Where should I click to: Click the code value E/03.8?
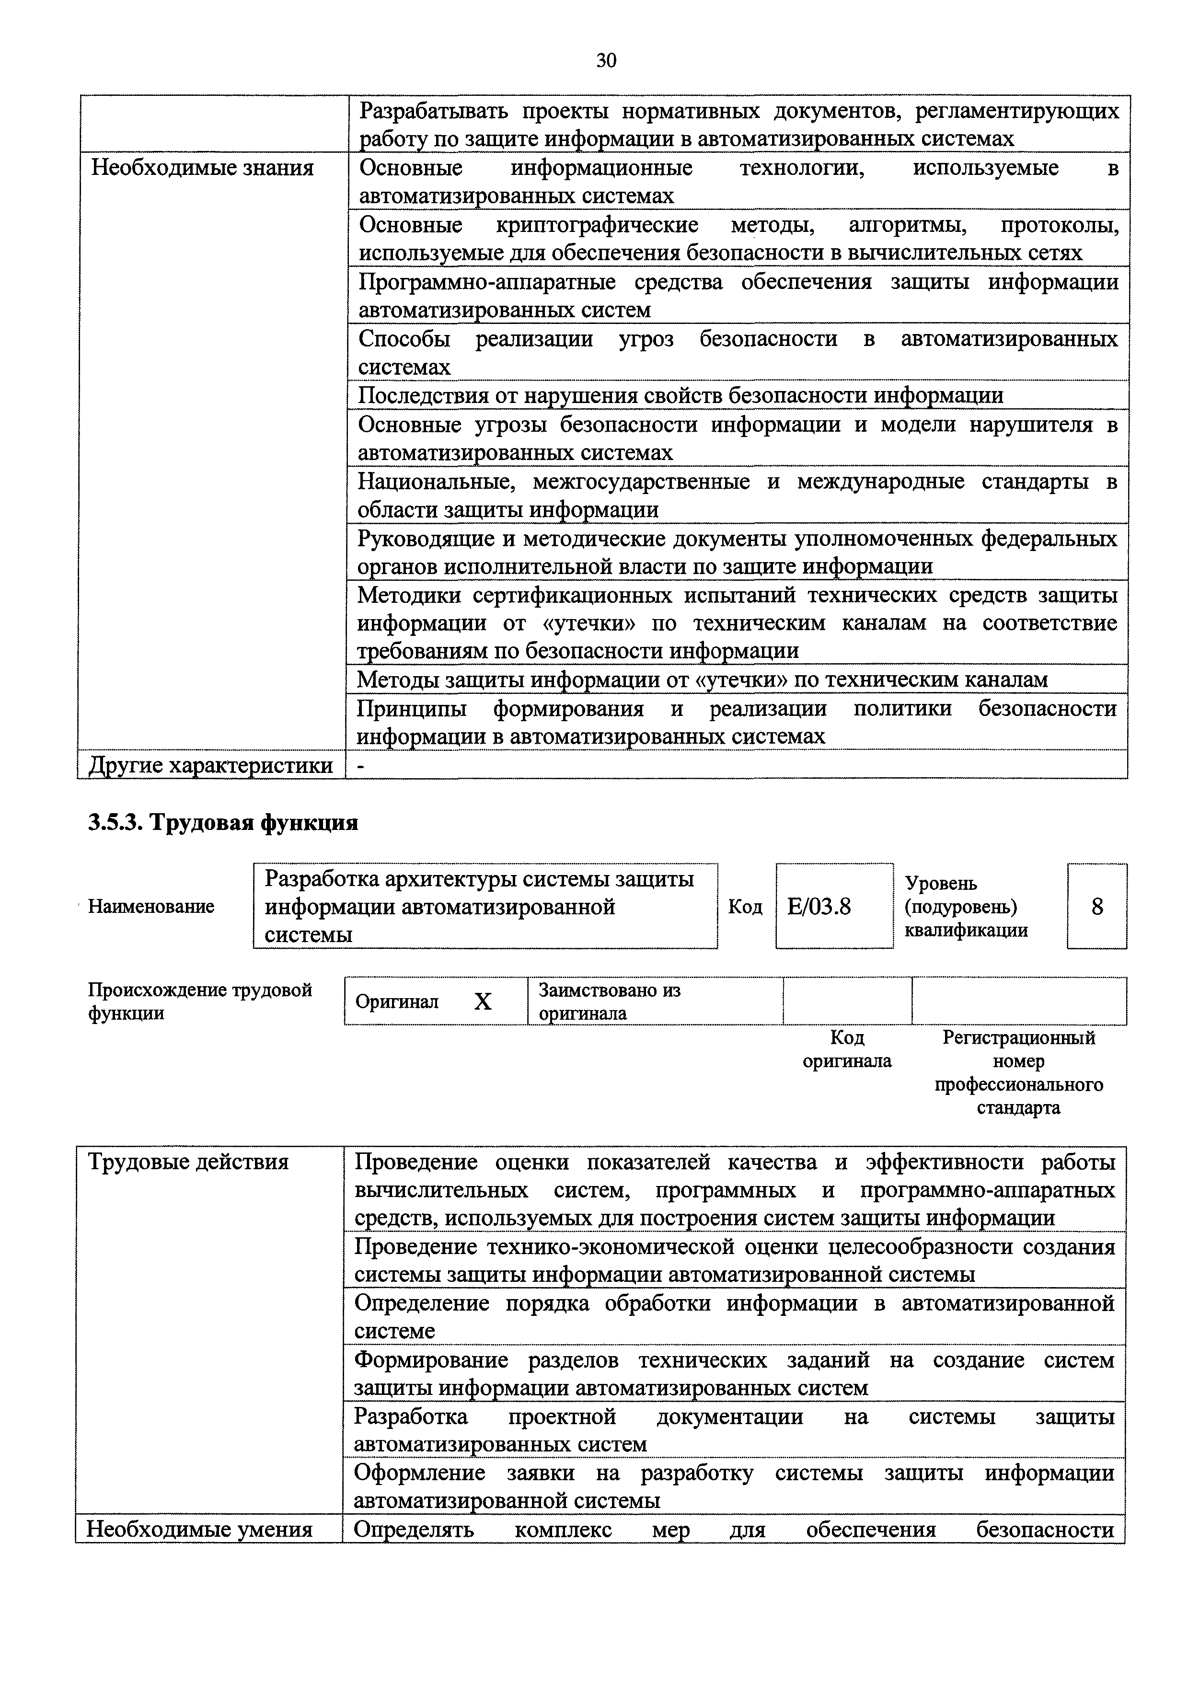point(819,907)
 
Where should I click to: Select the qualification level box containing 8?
point(1096,907)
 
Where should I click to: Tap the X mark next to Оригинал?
point(483,1002)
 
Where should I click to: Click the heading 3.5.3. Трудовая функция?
point(223,823)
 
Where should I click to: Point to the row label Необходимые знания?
point(202,168)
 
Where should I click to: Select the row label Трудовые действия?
point(188,1162)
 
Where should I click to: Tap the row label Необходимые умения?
point(199,1530)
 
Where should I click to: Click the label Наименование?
point(151,907)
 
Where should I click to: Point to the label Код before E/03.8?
point(745,907)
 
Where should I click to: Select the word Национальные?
point(437,482)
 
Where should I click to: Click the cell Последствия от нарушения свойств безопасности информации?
point(680,396)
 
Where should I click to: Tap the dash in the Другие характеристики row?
point(359,766)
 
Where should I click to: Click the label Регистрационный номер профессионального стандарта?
point(1018,1072)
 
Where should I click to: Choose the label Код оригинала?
point(847,1049)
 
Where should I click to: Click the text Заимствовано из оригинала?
point(609,1002)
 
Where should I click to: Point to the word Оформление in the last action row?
point(419,1473)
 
